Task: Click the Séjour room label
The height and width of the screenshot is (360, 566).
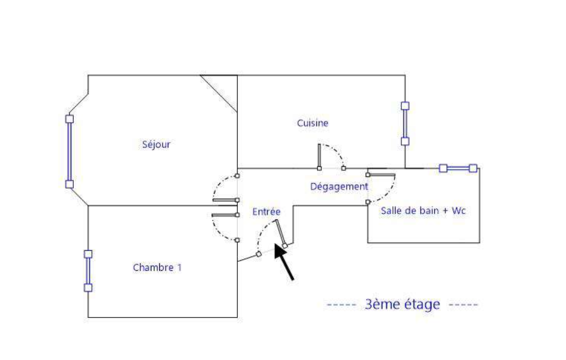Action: point(157,144)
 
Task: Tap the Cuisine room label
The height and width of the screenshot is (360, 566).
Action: point(312,123)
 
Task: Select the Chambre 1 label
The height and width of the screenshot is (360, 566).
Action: point(157,268)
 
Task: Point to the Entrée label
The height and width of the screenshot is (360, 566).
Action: point(266,211)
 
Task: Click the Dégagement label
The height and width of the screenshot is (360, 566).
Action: point(339,186)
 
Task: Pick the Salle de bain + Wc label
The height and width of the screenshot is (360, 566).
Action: point(423,210)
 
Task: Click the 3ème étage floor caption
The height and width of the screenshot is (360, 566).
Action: point(402,304)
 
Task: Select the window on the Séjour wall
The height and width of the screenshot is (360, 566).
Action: point(69,151)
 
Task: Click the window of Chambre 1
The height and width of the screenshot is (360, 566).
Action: point(88,271)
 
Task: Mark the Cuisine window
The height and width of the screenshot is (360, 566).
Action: point(405,124)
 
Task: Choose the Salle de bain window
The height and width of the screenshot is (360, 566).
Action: point(458,168)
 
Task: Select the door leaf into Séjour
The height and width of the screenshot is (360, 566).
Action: point(225,200)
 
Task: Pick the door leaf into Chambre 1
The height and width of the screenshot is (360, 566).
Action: point(225,215)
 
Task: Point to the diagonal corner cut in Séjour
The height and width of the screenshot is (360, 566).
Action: point(219,93)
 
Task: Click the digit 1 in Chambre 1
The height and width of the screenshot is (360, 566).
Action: point(179,268)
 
